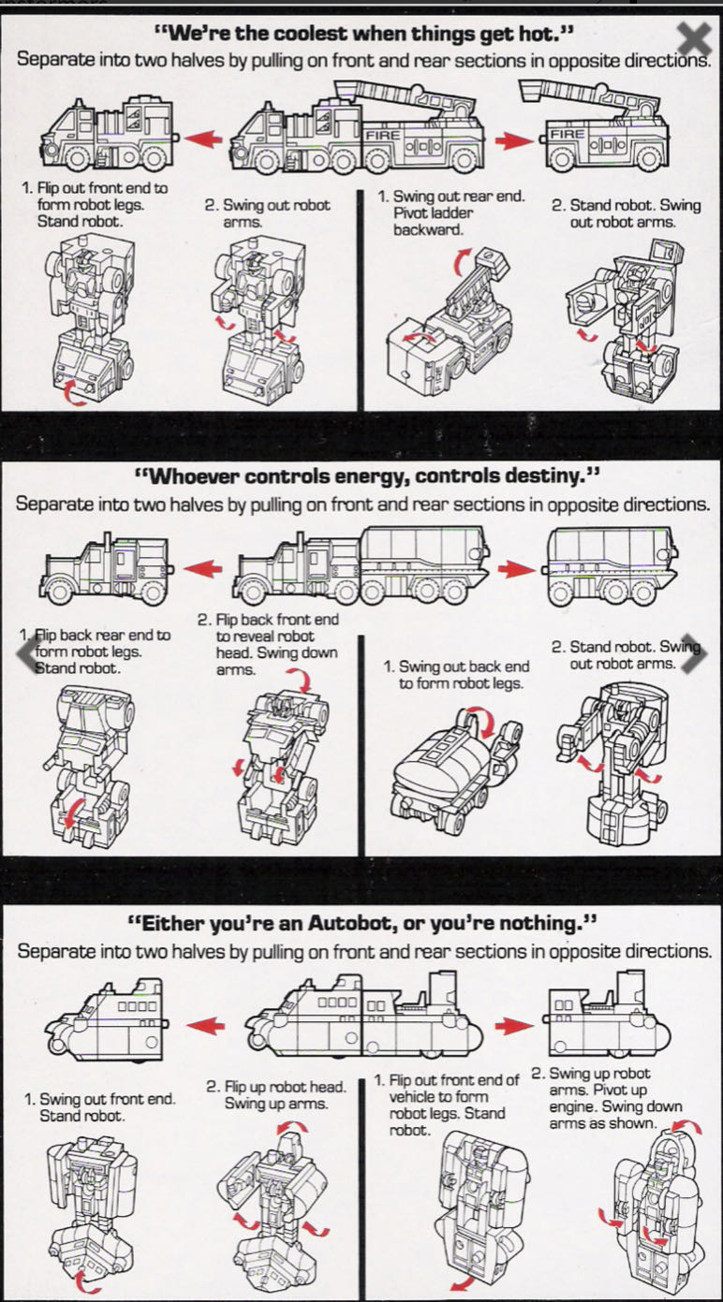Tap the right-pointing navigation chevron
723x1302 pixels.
693,655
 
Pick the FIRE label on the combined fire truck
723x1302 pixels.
383,136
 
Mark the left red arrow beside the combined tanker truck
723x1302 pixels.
203,568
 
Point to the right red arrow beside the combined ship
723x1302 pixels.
513,1026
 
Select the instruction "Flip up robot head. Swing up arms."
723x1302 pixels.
275,1095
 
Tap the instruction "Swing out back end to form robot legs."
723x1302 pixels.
456,675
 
